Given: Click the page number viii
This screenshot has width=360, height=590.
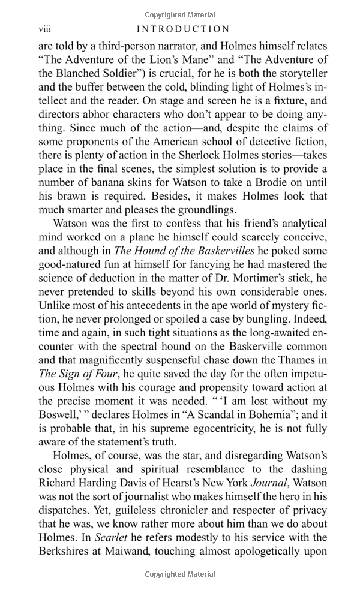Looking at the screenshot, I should pos(45,29).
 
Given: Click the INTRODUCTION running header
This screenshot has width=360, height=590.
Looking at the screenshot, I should pos(183,29).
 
